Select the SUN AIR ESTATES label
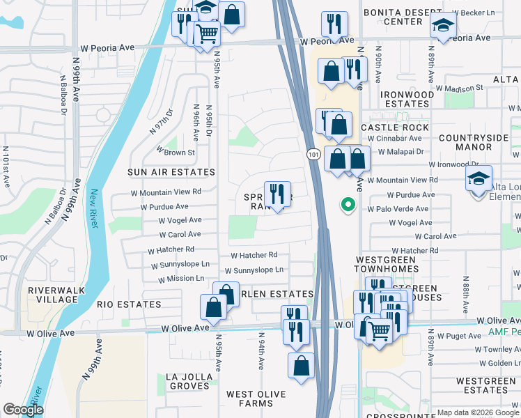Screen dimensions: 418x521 [171, 172]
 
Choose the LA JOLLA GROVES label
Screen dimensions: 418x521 [188, 381]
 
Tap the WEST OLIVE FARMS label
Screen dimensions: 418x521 [256, 399]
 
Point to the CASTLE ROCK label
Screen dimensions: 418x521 [395, 127]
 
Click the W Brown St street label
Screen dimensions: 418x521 [176, 151]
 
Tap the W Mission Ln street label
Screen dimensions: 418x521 [181, 279]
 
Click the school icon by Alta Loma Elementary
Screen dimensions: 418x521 [479, 180]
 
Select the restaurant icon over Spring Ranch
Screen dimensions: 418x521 [277, 194]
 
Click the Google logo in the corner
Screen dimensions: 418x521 [23, 410]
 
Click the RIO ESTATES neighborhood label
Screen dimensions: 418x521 [129, 304]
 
